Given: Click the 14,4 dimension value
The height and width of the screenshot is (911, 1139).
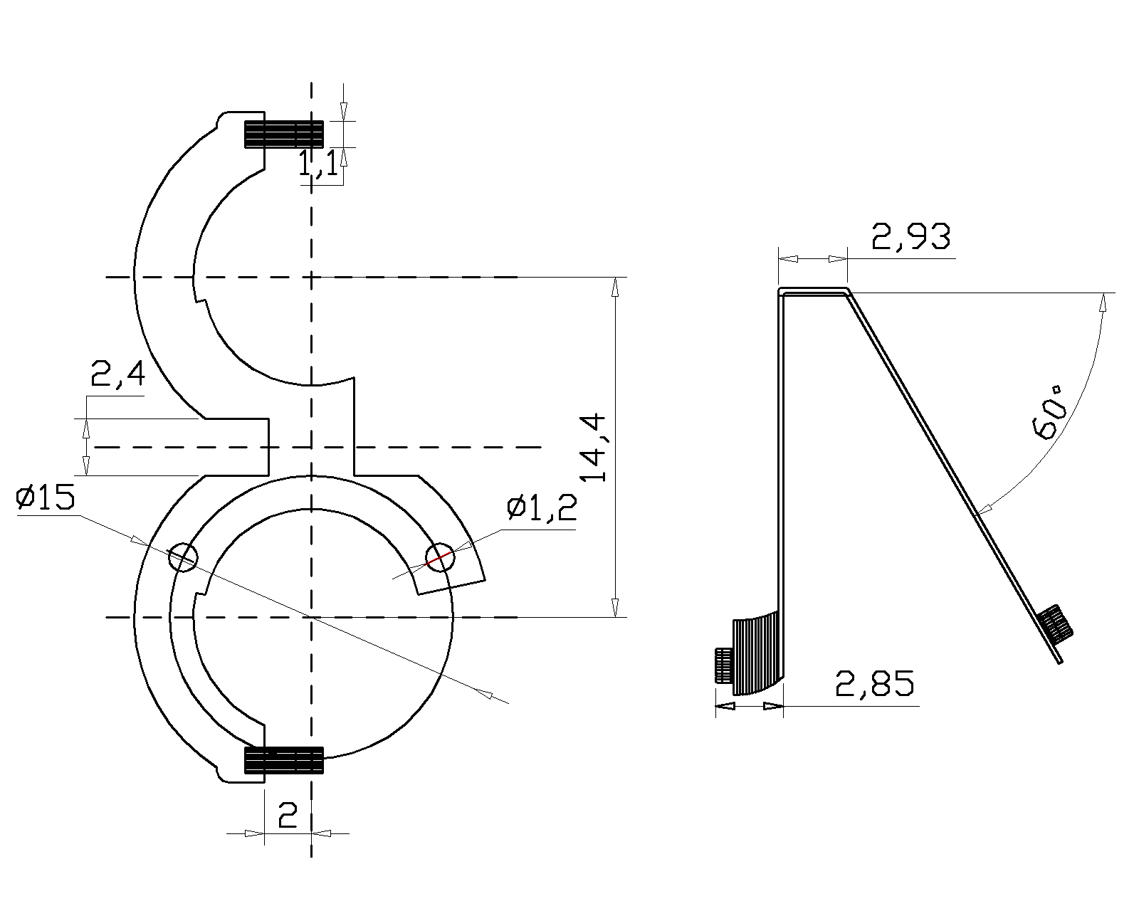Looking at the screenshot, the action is [593, 447].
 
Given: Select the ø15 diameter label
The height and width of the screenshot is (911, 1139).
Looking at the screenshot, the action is [46, 498].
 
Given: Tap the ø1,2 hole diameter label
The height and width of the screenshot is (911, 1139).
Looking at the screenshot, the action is [542, 509].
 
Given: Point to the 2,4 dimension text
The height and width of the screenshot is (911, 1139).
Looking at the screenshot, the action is [118, 374].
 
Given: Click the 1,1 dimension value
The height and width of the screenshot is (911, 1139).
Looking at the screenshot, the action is [319, 163].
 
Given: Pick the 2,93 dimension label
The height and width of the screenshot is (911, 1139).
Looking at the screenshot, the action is [911, 236].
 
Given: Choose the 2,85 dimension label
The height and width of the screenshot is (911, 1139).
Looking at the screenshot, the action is [874, 683].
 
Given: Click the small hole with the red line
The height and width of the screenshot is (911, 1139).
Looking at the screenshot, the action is [440, 557].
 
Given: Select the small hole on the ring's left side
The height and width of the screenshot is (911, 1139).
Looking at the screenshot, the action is [183, 557].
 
